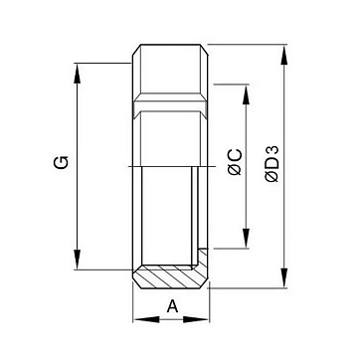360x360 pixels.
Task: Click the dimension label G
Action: click(62, 162)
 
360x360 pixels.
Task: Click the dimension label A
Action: click(172, 306)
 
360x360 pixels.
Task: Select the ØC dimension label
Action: click(236, 162)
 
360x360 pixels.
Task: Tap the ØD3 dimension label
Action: click(271, 164)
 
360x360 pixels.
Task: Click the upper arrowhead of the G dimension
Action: click(77, 74)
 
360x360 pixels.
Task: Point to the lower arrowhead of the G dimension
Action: click(77, 260)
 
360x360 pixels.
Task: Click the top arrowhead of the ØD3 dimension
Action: click(283, 55)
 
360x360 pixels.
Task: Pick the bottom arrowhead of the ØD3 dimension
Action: click(283, 277)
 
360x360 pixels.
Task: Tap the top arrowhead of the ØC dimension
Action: click(246, 94)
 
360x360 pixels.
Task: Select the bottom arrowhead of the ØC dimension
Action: click(246, 238)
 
